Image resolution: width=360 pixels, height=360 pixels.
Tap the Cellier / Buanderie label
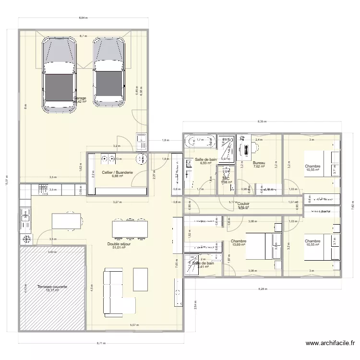tap(117, 172)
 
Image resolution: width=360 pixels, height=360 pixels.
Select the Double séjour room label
tap(119, 244)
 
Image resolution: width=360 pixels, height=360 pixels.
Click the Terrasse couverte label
tap(52, 287)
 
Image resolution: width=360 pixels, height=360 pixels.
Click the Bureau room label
tap(259, 163)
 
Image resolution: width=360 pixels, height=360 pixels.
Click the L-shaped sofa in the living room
tap(115, 293)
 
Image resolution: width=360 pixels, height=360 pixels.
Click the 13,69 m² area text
tap(239, 245)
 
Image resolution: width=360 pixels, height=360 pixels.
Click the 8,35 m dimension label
tap(262, 121)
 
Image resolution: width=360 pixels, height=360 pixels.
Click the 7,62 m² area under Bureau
tap(259, 167)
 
